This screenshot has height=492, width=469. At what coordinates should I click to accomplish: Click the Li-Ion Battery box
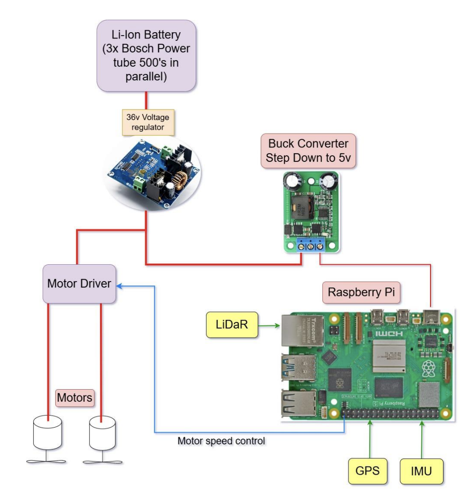coord(147,56)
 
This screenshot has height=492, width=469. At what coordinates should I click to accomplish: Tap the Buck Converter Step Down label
coord(308,150)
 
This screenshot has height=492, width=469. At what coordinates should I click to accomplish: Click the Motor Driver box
coord(79,283)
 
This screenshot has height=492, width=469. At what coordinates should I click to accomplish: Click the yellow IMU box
coord(421,471)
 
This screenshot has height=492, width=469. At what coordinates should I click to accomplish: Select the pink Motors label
coord(74,398)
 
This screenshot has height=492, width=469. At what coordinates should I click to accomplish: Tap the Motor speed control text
coord(222,441)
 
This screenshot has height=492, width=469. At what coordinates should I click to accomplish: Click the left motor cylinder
coord(48,431)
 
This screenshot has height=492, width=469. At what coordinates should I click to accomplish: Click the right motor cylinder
coord(102,431)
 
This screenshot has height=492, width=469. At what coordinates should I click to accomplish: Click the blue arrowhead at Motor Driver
coord(120,285)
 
